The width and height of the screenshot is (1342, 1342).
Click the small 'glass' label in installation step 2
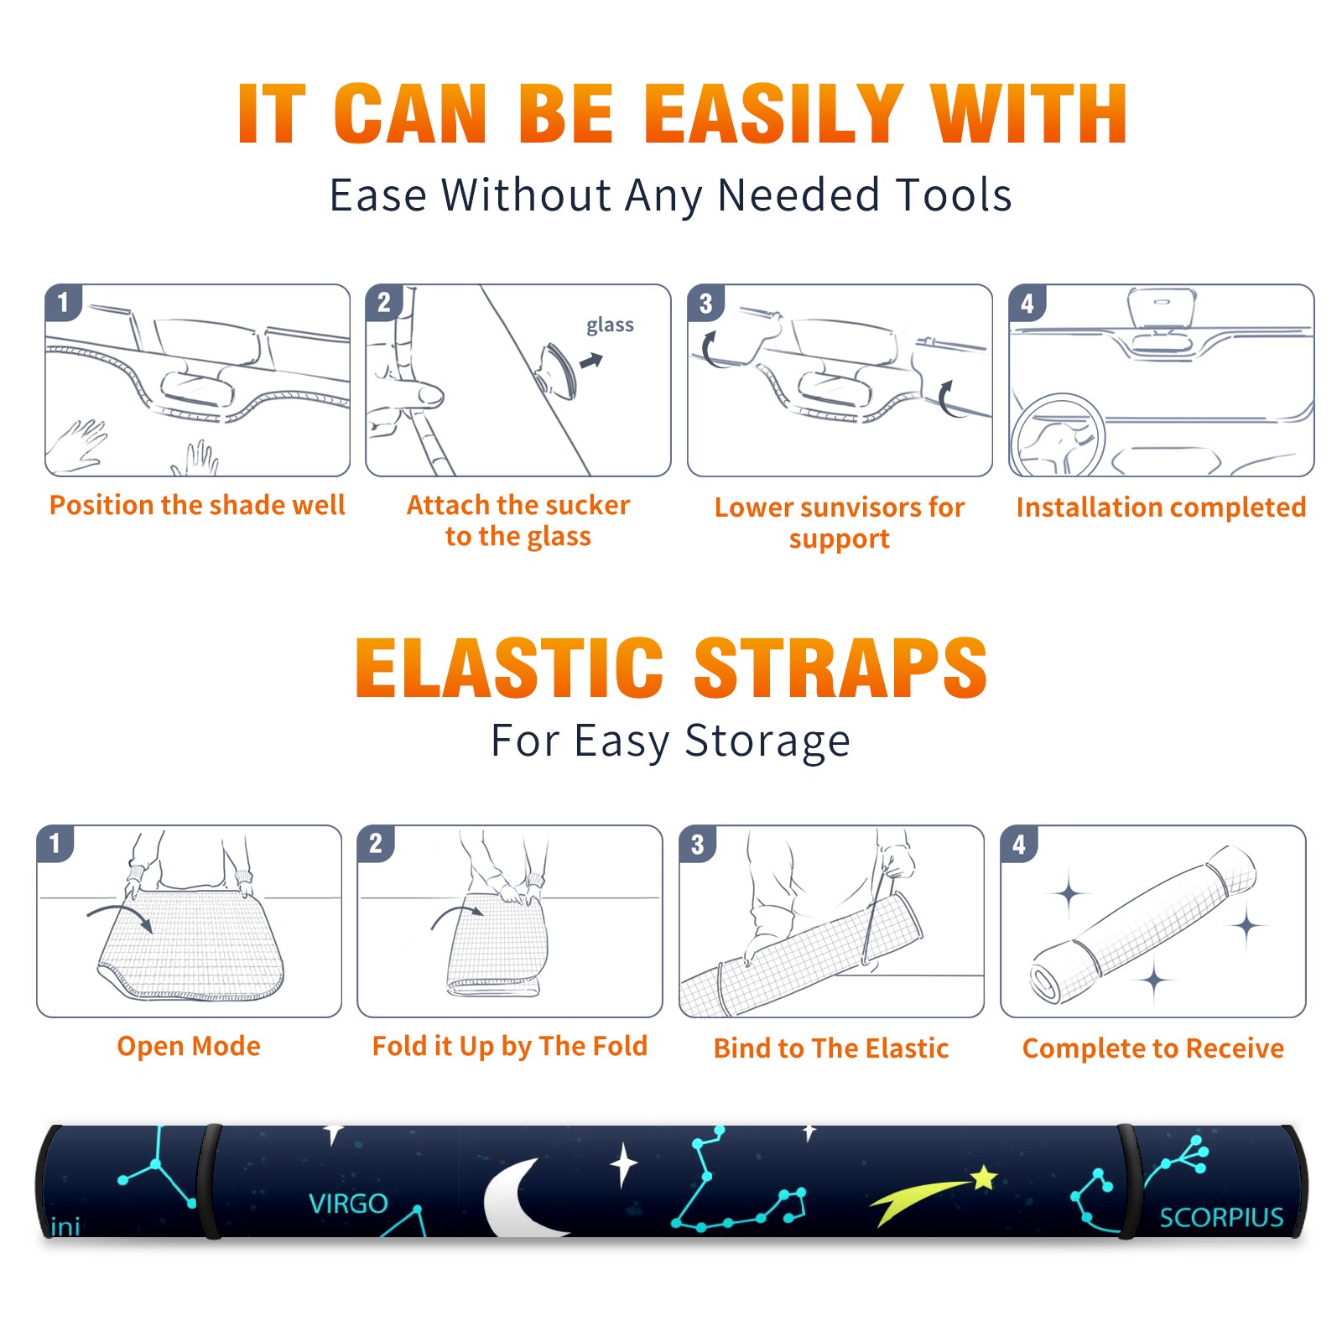pyautogui.click(x=610, y=325)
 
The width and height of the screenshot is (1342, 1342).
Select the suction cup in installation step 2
pyautogui.click(x=558, y=370)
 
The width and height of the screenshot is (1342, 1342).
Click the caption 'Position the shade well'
pyautogui.click(x=197, y=505)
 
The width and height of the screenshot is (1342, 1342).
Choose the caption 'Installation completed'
pyautogui.click(x=1161, y=507)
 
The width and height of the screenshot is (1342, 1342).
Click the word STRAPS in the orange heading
pyautogui.click(x=840, y=668)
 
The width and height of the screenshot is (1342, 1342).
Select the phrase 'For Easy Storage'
pyautogui.click(x=670, y=741)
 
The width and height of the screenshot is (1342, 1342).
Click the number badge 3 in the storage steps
pyautogui.click(x=697, y=845)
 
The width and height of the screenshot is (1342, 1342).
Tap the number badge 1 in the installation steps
pyautogui.click(x=64, y=302)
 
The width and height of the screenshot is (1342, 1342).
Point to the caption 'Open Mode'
pyautogui.click(x=189, y=1046)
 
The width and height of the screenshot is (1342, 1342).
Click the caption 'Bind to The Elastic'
pyautogui.click(x=830, y=1048)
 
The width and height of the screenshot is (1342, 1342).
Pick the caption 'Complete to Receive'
pyautogui.click(x=1152, y=1048)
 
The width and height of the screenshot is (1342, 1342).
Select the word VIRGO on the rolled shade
pyautogui.click(x=348, y=1204)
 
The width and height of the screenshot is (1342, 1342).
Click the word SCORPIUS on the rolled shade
pyautogui.click(x=1221, y=1217)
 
